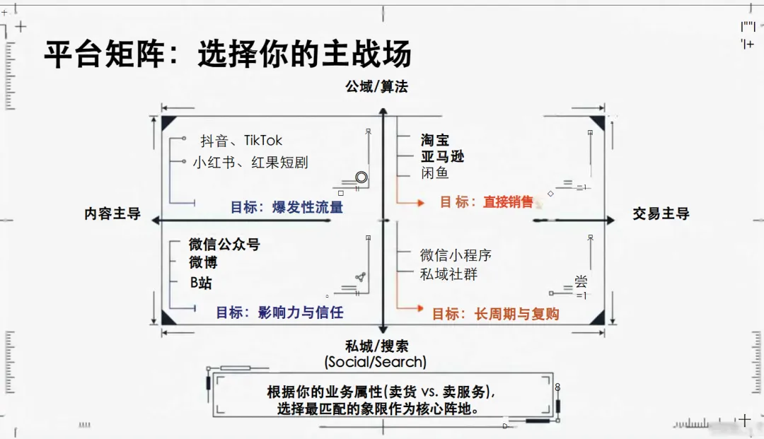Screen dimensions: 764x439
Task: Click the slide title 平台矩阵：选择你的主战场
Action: pos(227,54)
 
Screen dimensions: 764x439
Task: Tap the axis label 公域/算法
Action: pos(376,86)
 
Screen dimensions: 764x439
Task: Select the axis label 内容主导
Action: pos(112,214)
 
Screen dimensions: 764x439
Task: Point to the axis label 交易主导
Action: pos(661,213)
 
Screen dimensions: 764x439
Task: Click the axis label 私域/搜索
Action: pos(376,346)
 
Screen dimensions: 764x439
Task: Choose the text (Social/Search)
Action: pos(376,362)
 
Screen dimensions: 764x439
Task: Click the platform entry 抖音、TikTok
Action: pos(241,141)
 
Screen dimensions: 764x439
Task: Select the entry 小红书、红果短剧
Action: pos(250,163)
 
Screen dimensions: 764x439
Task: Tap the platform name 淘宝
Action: pos(435,140)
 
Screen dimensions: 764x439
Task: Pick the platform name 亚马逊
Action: pos(443,156)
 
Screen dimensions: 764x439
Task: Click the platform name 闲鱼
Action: pos(435,173)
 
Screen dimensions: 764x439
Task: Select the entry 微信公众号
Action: pos(224,245)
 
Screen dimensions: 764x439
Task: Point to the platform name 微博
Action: pos(203,262)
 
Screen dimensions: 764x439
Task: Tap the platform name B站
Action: pos(201,283)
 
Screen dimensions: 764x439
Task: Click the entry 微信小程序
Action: pos(456,255)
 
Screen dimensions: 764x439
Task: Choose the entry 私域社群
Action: pos(448,274)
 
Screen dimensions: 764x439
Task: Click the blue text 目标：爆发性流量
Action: pos(286,207)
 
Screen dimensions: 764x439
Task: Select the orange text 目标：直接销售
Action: pos(487,202)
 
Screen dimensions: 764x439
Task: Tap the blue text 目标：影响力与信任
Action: pos(279,312)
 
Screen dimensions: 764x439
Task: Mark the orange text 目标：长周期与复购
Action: pos(495,314)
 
